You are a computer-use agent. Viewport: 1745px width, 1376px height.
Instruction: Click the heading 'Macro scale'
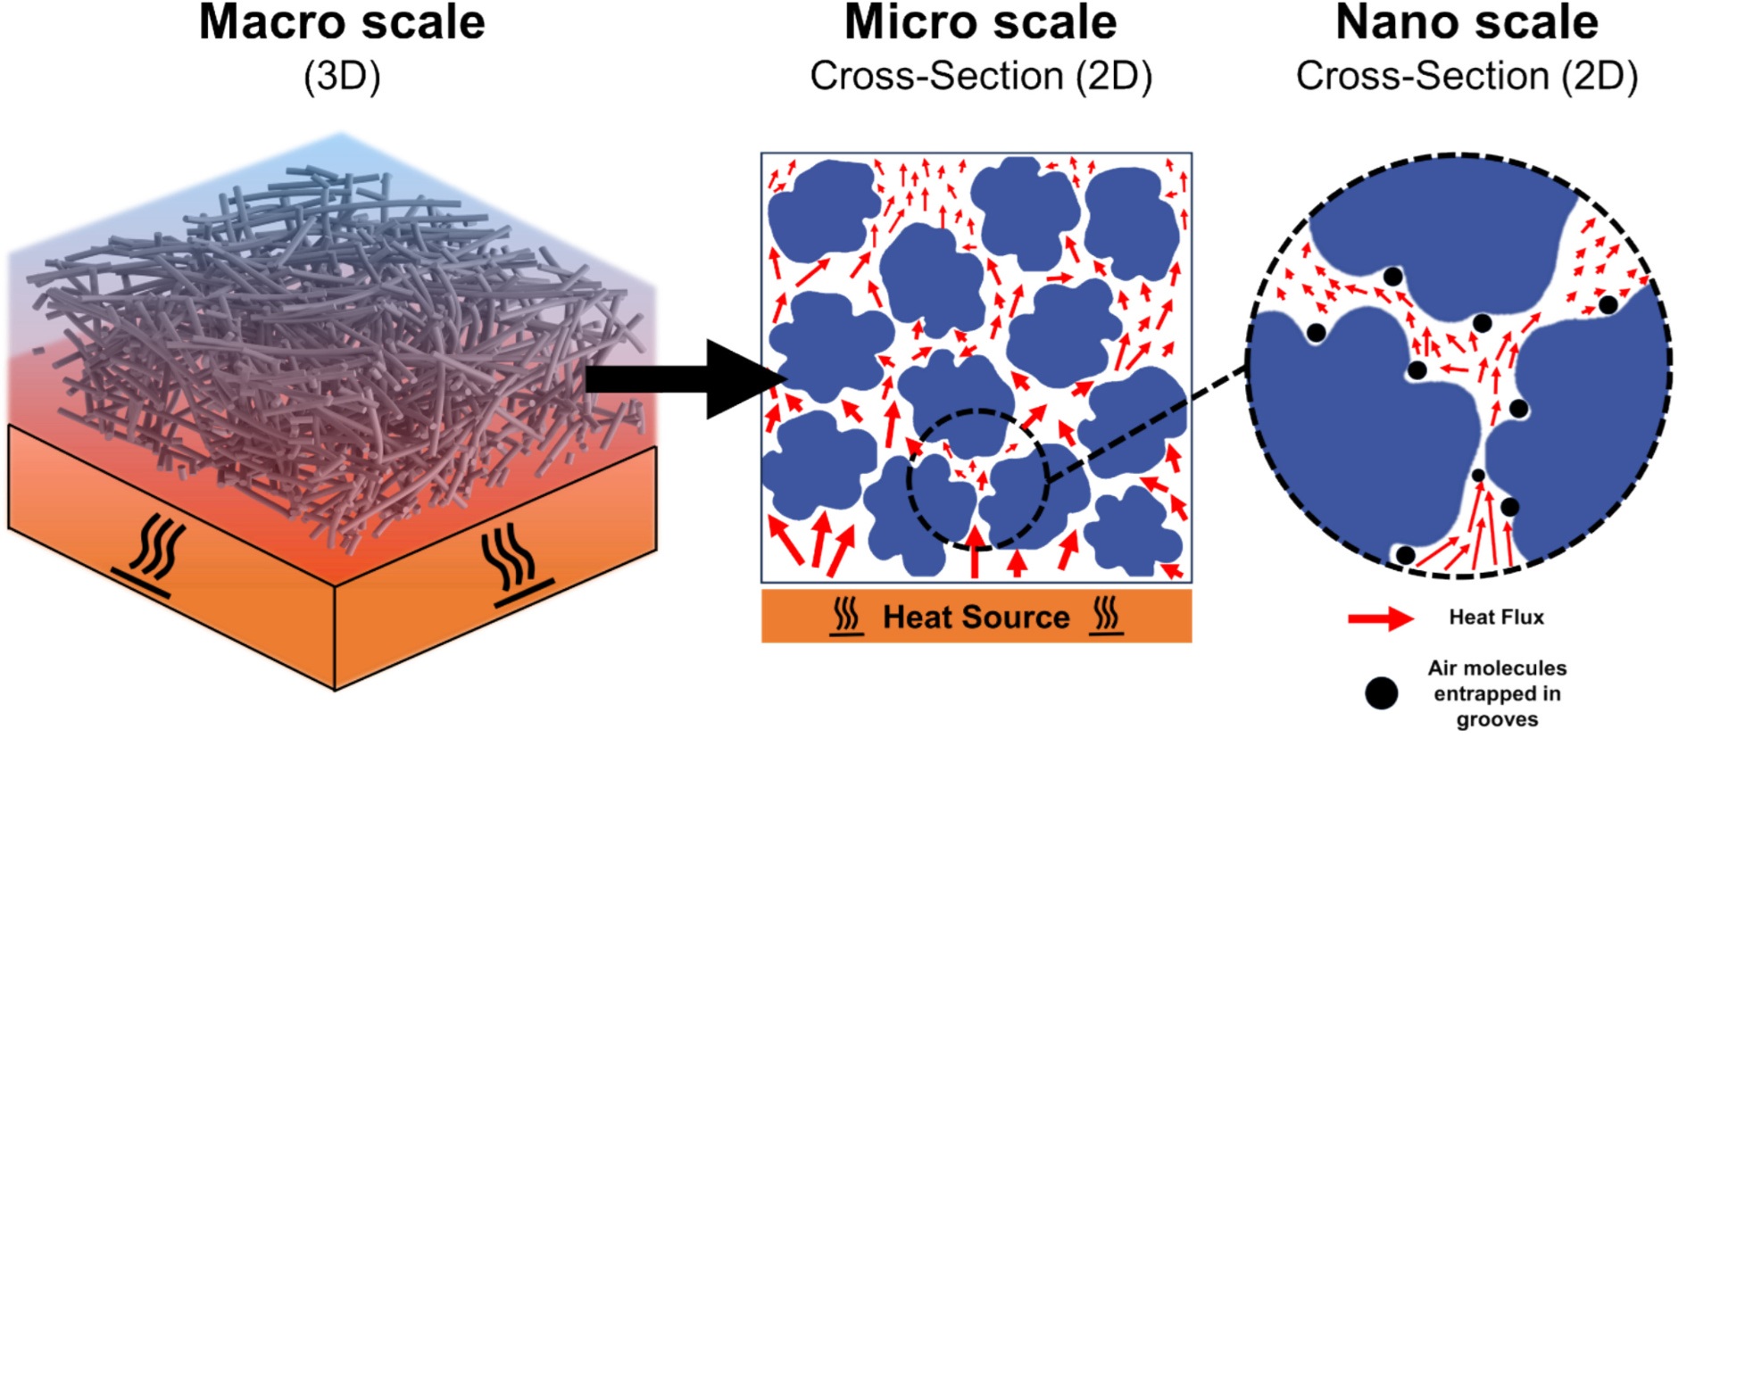coord(341,23)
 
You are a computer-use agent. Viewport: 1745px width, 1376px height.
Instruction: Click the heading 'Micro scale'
coord(980,23)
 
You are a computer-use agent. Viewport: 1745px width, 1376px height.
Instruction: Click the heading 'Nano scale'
coord(1467,23)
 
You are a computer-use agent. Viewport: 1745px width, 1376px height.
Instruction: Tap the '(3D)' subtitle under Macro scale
coord(342,77)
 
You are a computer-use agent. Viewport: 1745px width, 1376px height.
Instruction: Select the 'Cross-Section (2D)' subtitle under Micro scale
coord(980,77)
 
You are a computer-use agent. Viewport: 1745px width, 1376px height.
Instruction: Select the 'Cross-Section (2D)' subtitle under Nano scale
coord(1467,77)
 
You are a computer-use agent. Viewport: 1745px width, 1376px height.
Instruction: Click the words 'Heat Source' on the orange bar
coord(976,617)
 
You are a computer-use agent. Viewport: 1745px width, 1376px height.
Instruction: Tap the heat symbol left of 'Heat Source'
coord(846,616)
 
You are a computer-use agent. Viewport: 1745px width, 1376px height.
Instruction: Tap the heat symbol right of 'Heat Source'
coord(1106,616)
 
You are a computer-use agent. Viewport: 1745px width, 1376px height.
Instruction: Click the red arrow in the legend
coord(1380,618)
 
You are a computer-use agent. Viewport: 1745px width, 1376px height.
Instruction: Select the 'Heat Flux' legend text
coord(1496,618)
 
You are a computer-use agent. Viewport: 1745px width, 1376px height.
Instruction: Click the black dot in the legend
coord(1381,693)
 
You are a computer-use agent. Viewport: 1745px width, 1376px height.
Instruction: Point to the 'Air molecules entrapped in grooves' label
coord(1497,693)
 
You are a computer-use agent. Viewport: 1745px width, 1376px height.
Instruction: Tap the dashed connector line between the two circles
coord(1147,424)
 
